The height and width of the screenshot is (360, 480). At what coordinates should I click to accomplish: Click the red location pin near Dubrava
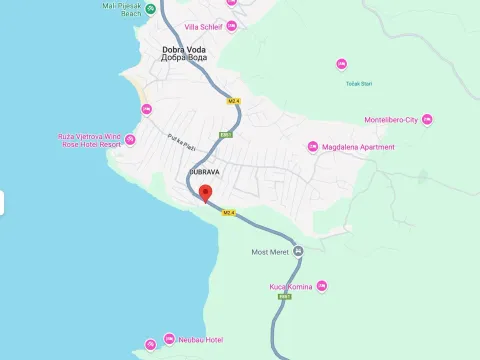(x=206, y=193)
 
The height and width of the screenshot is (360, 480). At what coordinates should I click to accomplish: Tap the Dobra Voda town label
(x=185, y=52)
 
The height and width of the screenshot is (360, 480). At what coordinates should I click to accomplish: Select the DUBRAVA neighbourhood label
(x=204, y=172)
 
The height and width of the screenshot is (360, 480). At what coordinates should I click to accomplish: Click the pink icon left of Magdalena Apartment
(x=312, y=147)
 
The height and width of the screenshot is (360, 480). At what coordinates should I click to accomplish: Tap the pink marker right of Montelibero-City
(x=427, y=120)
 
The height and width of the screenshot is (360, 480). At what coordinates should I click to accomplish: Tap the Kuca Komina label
(x=291, y=287)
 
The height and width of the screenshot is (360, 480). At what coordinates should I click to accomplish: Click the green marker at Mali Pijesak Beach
(x=150, y=9)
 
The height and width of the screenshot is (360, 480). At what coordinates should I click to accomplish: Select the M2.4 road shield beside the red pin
(x=228, y=212)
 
